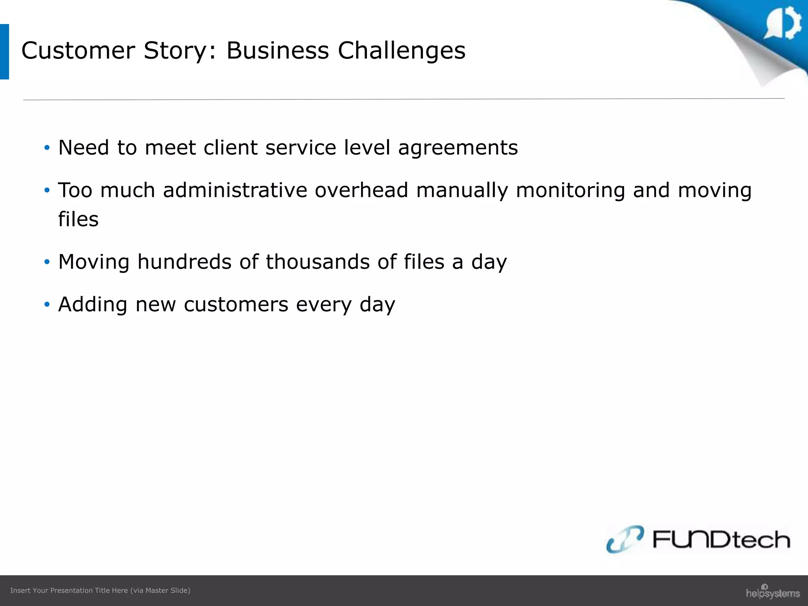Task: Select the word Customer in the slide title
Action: pos(78,51)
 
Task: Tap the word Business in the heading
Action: pos(277,51)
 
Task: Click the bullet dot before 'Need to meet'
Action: pos(47,148)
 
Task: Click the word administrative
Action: pos(235,190)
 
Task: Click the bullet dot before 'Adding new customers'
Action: pos(47,305)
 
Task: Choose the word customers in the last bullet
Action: pos(236,305)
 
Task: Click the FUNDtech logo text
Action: pos(721,539)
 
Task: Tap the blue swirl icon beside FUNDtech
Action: pos(625,539)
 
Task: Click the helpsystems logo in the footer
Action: pos(772,592)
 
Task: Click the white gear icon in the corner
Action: pos(784,23)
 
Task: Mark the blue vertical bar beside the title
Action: pos(4,52)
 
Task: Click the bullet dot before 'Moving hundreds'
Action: pos(47,262)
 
